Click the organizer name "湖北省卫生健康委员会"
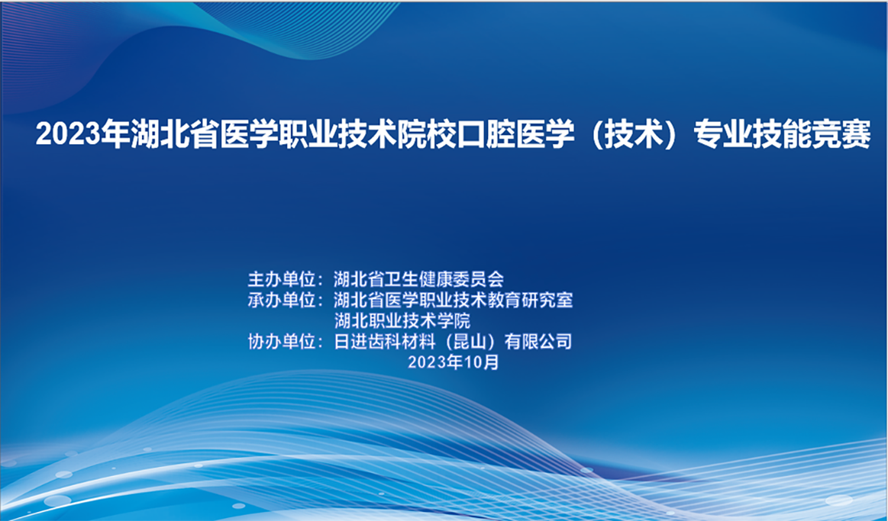click(x=419, y=278)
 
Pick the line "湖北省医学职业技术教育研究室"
click(x=454, y=300)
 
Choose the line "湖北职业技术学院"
click(x=402, y=320)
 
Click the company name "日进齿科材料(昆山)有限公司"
click(x=453, y=342)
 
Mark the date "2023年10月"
click(x=454, y=362)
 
